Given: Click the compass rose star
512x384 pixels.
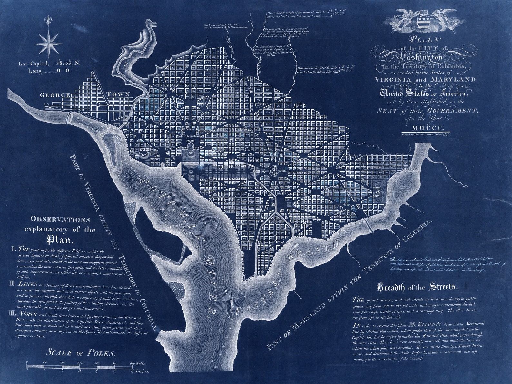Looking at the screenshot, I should [x=49, y=43].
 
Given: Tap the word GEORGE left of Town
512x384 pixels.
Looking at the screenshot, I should [x=55, y=95].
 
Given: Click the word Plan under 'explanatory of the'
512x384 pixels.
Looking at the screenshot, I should [x=60, y=240].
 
